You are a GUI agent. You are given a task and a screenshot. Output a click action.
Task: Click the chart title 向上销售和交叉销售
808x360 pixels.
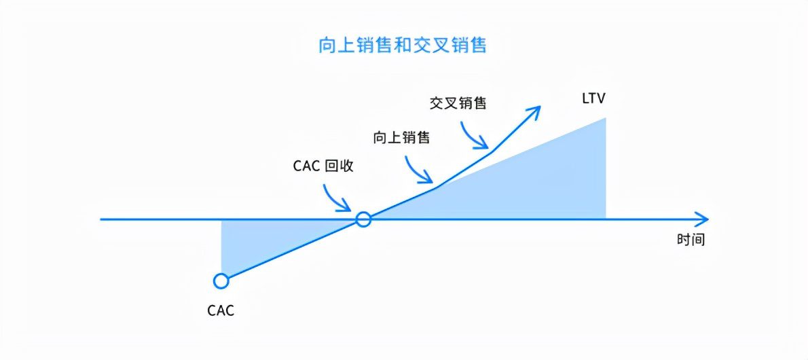403,46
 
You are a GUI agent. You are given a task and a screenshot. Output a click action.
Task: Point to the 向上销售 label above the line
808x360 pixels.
401,137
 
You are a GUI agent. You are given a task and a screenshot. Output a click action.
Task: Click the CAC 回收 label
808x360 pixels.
323,165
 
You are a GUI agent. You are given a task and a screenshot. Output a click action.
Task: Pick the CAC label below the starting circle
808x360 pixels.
221,311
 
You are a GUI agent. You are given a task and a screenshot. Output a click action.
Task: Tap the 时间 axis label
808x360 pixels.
691,239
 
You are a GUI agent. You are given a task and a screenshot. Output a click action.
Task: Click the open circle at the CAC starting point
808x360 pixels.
221,281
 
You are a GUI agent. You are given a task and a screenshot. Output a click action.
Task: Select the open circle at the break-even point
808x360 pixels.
364,219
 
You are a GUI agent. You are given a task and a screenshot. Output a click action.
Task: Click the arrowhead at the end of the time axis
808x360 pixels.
703,219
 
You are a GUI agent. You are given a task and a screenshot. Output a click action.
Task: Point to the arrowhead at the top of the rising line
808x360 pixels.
535,111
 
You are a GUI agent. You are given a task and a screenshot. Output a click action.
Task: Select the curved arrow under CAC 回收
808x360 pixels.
336,198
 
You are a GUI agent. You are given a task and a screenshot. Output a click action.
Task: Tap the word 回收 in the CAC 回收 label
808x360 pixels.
339,165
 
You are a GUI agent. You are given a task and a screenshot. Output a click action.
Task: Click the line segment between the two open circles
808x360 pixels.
292,250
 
